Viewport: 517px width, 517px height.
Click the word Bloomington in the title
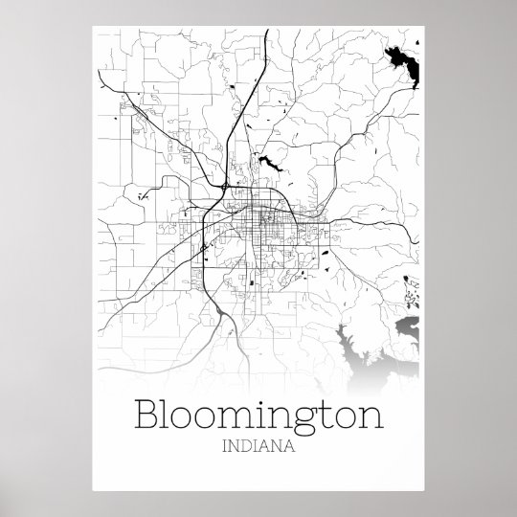pyautogui.click(x=258, y=417)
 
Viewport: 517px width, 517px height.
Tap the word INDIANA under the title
pyautogui.click(x=258, y=446)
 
